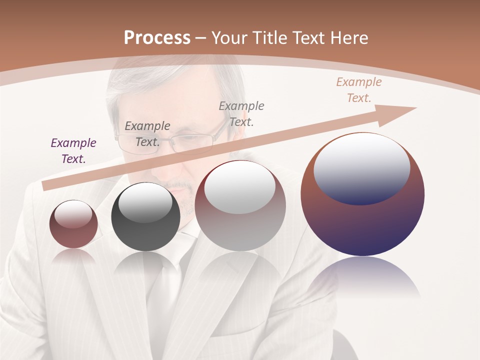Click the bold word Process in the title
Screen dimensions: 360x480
pyautogui.click(x=157, y=38)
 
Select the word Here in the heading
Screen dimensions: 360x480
pyautogui.click(x=348, y=38)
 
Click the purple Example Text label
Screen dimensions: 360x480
pyautogui.click(x=73, y=151)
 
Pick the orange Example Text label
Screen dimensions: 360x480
pyautogui.click(x=358, y=90)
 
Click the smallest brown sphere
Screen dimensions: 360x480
pyautogui.click(x=73, y=224)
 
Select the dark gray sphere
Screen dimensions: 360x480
pyautogui.click(x=145, y=217)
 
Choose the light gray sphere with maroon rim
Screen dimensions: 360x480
pyautogui.click(x=240, y=205)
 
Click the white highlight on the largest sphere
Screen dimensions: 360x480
pyautogui.click(x=361, y=167)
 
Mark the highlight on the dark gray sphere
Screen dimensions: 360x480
pyautogui.click(x=145, y=202)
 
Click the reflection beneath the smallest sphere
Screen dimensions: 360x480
pyautogui.click(x=73, y=256)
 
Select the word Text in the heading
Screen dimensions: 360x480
pyautogui.click(x=309, y=38)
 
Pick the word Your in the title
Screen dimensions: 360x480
pyautogui.click(x=230, y=38)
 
